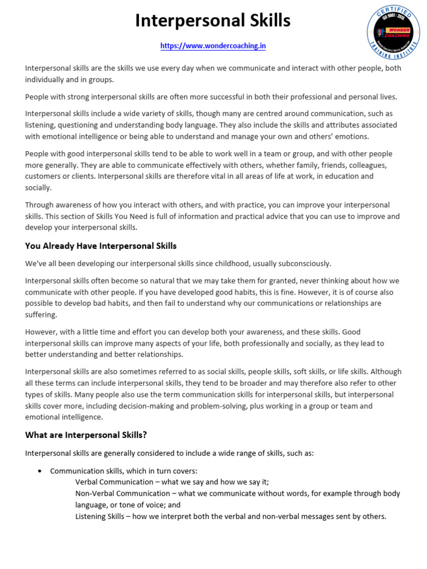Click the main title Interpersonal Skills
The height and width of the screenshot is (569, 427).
213,21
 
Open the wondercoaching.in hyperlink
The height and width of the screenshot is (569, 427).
213,46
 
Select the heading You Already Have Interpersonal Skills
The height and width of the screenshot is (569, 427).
101,246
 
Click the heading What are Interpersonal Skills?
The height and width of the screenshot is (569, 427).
86,435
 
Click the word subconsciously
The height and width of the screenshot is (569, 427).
306,263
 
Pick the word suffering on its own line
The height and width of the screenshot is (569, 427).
41,315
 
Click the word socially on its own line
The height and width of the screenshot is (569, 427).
38,187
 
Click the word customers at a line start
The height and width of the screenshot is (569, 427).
42,176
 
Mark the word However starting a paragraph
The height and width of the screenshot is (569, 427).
42,332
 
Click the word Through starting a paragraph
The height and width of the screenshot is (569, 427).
39,205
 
